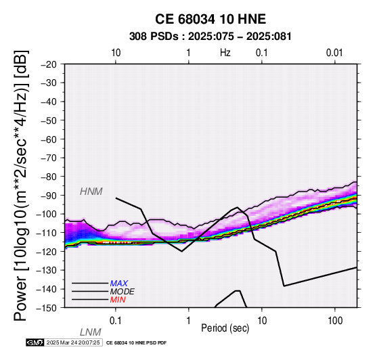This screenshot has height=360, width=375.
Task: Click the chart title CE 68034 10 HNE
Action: (x=211, y=19)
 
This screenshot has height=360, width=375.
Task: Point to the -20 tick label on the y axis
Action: (x=49, y=64)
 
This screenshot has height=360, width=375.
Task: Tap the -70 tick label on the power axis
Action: (x=49, y=158)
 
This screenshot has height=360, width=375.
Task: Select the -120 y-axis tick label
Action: (x=47, y=251)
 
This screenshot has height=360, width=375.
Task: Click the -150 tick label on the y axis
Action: (x=47, y=307)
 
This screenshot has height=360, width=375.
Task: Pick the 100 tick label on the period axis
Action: (x=335, y=321)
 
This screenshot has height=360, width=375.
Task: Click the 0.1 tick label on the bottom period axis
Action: (x=116, y=321)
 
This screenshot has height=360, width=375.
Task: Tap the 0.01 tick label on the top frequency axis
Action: (x=334, y=53)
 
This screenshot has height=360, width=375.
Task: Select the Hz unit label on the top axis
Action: (x=225, y=53)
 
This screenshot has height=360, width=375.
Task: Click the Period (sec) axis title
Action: (x=225, y=328)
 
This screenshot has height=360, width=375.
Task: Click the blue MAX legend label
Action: (x=119, y=284)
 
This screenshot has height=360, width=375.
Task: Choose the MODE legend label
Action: (x=123, y=292)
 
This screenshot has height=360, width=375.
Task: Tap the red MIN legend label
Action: (x=118, y=300)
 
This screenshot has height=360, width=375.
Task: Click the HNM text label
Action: (x=91, y=192)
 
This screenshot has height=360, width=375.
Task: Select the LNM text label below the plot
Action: (x=91, y=332)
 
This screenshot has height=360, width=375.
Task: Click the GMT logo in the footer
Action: (x=35, y=342)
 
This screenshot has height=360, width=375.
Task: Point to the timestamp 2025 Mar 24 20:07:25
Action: (x=73, y=342)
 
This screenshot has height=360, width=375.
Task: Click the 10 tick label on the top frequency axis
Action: (x=116, y=53)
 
